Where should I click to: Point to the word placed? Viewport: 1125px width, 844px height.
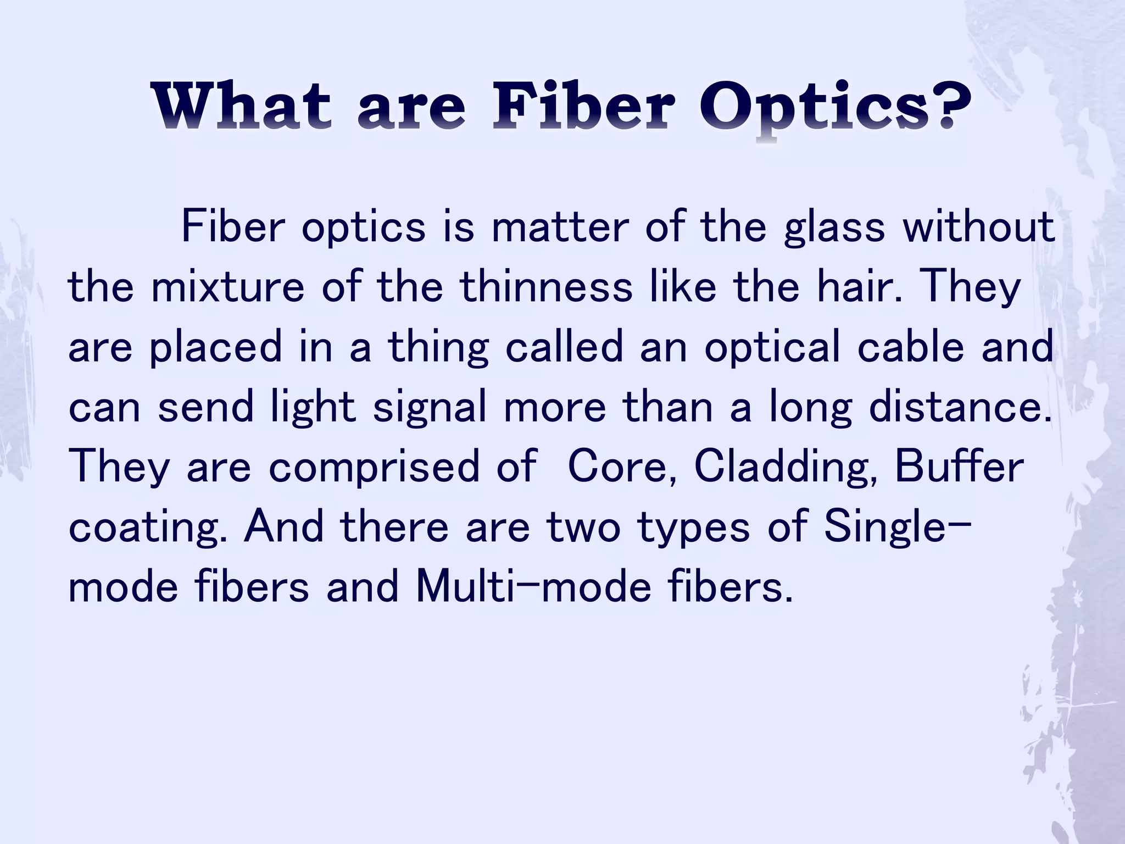coord(215,348)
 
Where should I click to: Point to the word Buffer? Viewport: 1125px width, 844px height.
coord(959,467)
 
